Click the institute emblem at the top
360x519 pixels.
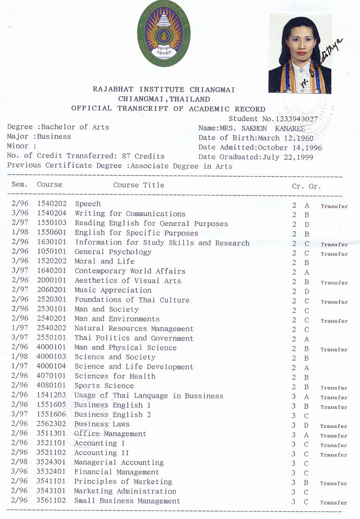coord(163,34)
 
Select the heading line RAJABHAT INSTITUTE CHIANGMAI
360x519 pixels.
coord(164,89)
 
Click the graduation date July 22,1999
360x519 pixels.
coord(291,157)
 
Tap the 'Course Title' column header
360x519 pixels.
coord(139,185)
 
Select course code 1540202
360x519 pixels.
coord(52,204)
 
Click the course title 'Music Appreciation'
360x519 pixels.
coord(113,290)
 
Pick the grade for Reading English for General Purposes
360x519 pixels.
coord(307,225)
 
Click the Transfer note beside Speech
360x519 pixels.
coord(334,206)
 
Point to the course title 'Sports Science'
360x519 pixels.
coord(104,386)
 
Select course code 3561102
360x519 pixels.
coord(52,501)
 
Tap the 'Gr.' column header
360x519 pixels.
coord(314,186)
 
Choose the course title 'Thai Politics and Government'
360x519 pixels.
coord(133,338)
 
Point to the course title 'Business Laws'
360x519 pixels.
coord(102,424)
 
